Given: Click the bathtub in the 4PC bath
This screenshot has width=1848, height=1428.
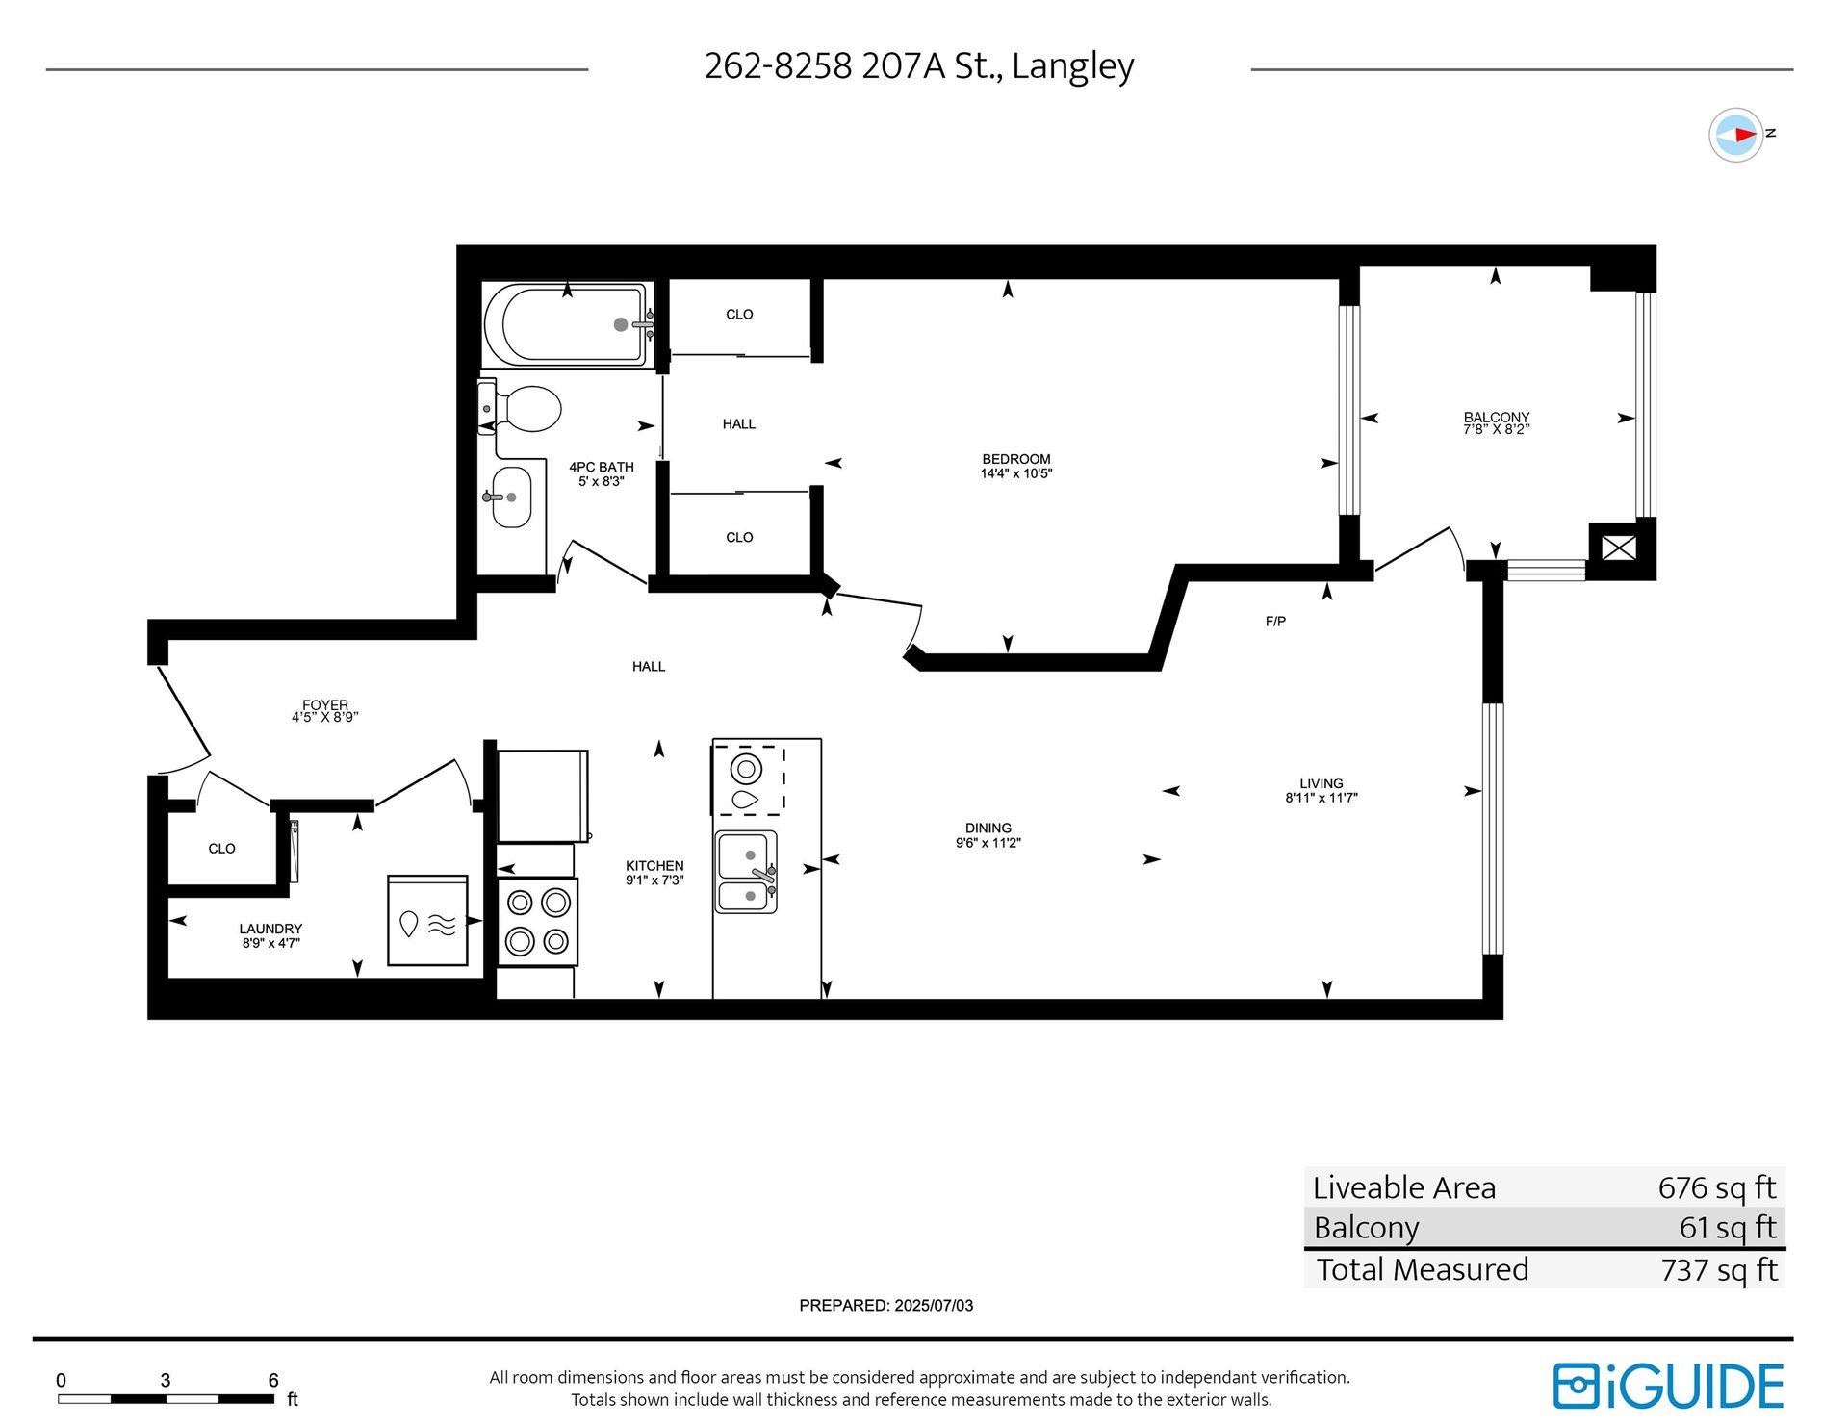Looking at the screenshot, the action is coord(568,325).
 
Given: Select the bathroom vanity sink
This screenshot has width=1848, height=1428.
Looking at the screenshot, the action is coord(511,497).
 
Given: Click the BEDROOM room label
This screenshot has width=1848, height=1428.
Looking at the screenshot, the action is coord(1016,459).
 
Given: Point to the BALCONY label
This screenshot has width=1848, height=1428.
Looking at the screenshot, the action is coord(1497,417).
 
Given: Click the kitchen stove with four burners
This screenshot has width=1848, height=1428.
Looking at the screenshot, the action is coord(538,922).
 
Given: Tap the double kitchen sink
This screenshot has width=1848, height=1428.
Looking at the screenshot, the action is coord(746,872).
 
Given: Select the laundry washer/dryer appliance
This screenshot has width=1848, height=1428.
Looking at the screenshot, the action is coord(427,920).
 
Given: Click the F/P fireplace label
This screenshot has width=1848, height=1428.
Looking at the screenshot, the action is coord(1275,622).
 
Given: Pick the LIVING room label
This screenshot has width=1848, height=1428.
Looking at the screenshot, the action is coord(1321,783).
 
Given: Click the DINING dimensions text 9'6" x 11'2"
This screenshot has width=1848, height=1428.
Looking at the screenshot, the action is coord(988,843).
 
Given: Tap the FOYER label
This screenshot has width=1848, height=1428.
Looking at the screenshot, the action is coord(325,704).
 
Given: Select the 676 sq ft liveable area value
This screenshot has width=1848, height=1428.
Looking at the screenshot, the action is coord(1717,1187).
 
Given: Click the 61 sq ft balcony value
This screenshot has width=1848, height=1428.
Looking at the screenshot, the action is coord(1728,1228).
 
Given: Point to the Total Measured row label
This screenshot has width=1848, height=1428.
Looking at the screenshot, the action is coord(1422,1269).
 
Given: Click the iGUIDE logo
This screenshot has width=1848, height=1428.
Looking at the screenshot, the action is coord(1668,1386).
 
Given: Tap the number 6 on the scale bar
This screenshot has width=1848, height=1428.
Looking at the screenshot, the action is coord(273,1380).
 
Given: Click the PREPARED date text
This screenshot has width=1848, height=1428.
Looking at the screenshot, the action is coord(885,1306).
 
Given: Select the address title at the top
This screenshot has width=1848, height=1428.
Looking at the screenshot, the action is coord(919,65).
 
